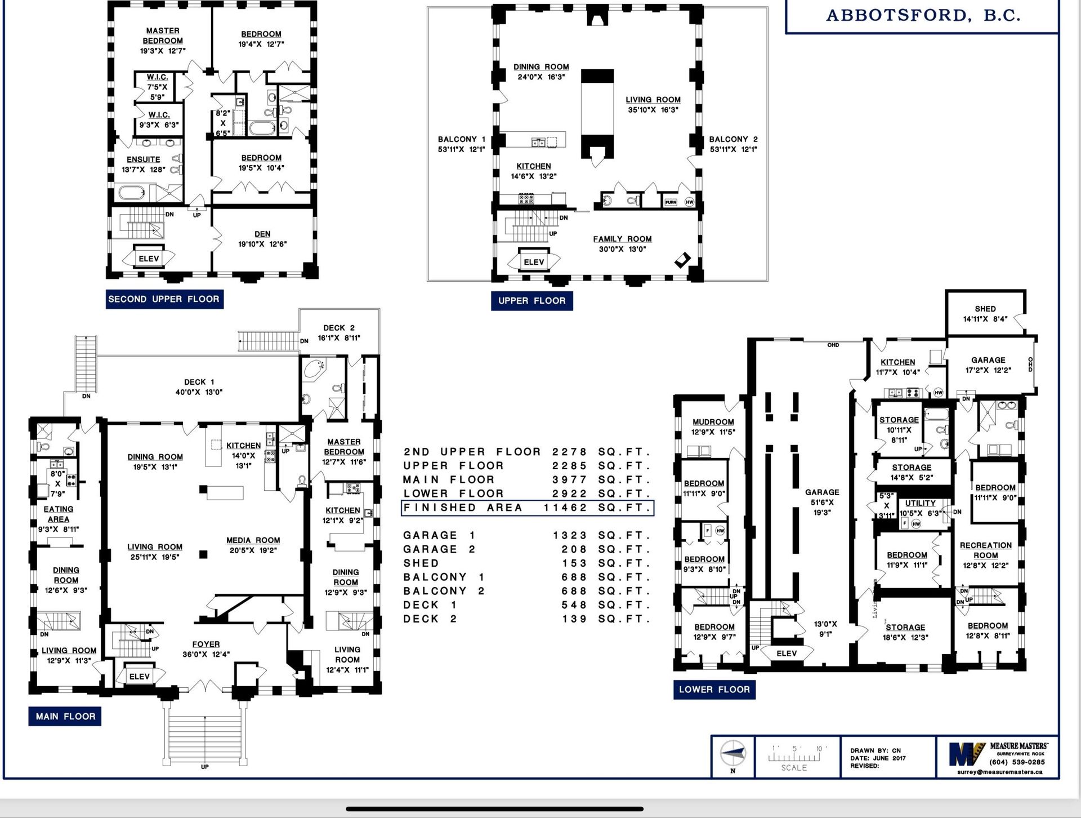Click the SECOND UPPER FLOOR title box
tap(164, 299)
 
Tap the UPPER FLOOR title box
tap(531, 300)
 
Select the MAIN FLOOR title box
tap(65, 716)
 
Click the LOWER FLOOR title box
tap(714, 689)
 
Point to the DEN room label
tap(262, 234)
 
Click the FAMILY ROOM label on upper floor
tap(622, 239)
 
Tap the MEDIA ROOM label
tap(253, 540)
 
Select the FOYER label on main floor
tap(206, 644)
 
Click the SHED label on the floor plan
tap(985, 309)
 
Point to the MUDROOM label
tap(713, 422)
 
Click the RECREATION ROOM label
tap(986, 550)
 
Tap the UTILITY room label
tap(921, 503)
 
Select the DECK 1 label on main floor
tap(199, 382)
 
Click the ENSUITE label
tap(143, 159)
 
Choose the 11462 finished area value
tap(565, 508)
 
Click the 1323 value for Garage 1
tap(570, 535)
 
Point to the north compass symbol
tap(733, 753)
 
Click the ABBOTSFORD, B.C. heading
tap(923, 16)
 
